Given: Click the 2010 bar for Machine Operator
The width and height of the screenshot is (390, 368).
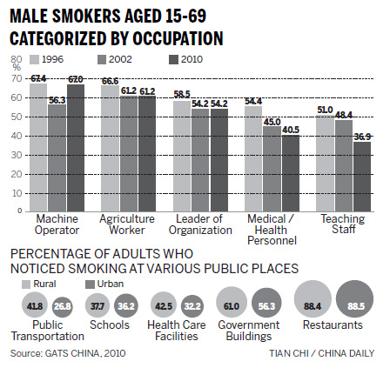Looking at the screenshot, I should pos(75,144).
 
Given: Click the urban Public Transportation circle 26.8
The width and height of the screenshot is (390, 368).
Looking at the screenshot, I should pos(61,305).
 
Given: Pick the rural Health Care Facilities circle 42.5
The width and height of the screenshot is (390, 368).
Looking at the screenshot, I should pos(162,305).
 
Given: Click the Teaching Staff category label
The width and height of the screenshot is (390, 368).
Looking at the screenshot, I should pos(338,223).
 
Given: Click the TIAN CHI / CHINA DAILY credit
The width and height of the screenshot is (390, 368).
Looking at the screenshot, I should pos(328,353).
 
